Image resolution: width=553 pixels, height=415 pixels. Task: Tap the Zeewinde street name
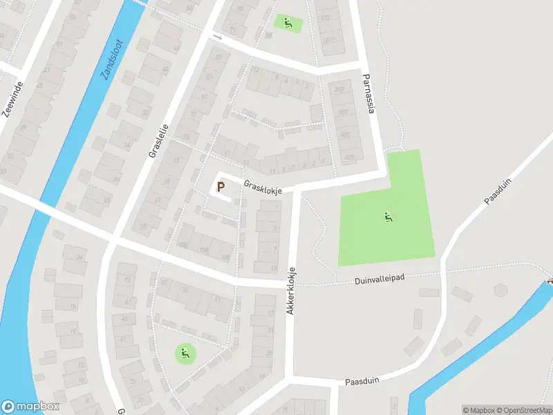click(x=13, y=100)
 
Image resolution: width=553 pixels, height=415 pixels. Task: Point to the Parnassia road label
click(x=368, y=97)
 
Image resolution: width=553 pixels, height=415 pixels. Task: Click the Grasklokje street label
click(x=262, y=189)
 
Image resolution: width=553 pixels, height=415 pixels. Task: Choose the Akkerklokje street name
click(x=292, y=291)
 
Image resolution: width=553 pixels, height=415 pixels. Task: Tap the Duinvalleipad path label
click(x=379, y=277)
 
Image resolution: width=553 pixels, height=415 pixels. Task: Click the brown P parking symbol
click(x=221, y=187)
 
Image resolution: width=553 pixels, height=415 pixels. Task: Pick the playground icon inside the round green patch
click(x=185, y=354)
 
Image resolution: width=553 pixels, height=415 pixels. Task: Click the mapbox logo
click(x=30, y=407)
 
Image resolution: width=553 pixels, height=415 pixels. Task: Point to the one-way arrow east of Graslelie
click(x=218, y=37)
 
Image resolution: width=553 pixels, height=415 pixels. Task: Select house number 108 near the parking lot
click(x=224, y=257)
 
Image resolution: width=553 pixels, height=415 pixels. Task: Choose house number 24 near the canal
click(x=79, y=257)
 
